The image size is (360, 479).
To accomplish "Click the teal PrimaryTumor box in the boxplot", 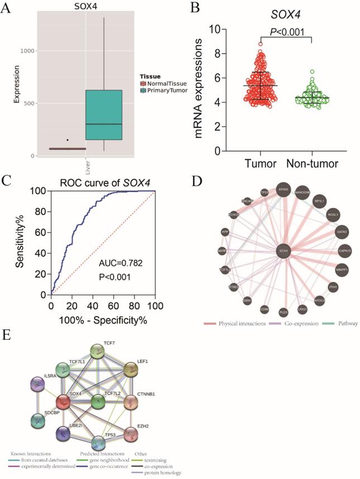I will pos(105,115).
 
